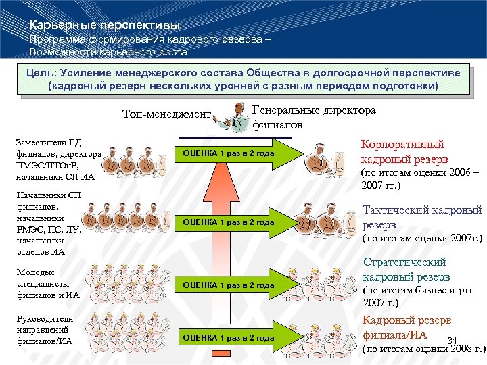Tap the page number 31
click(x=454, y=340)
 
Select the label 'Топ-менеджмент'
click(x=166, y=114)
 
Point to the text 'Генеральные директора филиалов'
click(x=314, y=117)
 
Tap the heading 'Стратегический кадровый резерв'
click(x=405, y=269)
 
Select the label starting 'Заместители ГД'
click(x=57, y=160)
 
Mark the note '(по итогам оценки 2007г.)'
click(x=423, y=238)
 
